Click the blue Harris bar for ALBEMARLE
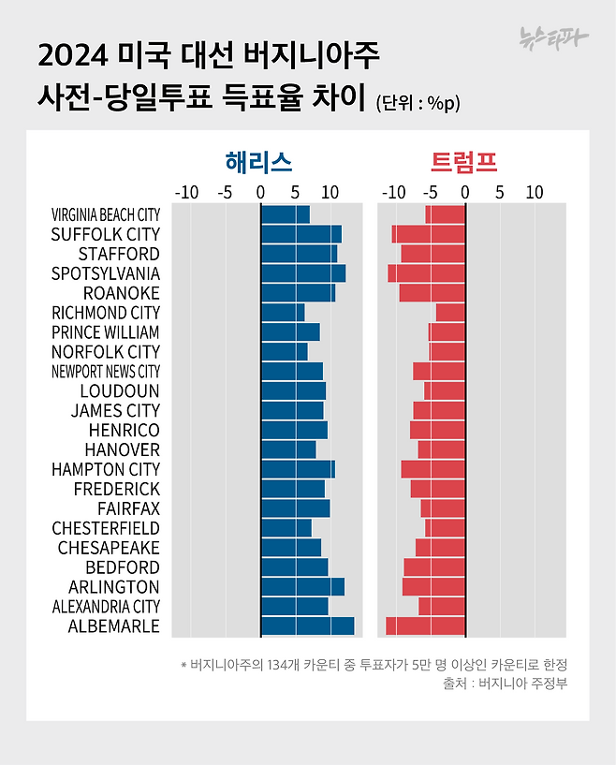[x=307, y=626]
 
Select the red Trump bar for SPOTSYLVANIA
[x=427, y=273]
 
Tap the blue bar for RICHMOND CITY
[x=283, y=313]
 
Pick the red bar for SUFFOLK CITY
[x=429, y=234]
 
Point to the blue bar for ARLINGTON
[x=302, y=587]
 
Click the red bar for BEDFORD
[x=434, y=567]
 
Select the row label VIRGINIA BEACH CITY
[x=106, y=214]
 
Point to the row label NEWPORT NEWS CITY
[x=106, y=372]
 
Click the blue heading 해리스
[x=259, y=162]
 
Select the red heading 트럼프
[x=463, y=162]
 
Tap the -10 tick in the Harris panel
[x=188, y=193]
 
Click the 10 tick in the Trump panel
[x=534, y=193]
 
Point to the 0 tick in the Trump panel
[x=464, y=193]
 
